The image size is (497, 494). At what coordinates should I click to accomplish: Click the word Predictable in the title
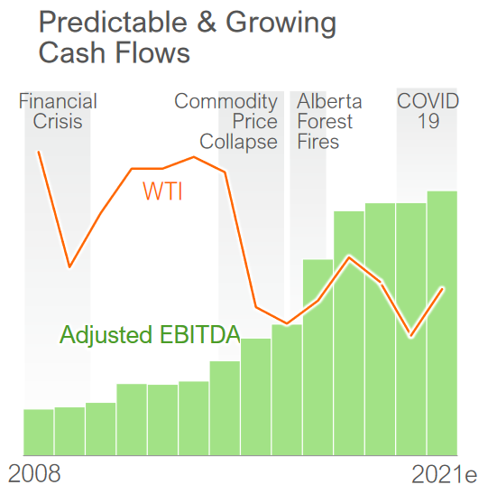pos(114,22)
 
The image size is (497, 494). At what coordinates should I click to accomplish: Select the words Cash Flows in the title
pos(115,52)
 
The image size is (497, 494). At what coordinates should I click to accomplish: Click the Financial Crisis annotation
pos(58,111)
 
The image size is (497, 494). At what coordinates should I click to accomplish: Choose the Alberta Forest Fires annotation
pos(330,122)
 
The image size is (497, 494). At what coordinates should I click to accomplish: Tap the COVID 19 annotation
pos(428,111)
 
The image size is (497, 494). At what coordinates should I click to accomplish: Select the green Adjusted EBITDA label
pos(150,335)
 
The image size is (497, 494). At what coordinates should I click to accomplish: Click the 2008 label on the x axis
pos(34,473)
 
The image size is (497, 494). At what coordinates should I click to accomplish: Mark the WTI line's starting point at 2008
pos(38,152)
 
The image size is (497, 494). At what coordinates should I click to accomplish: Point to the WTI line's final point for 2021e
pos(442,288)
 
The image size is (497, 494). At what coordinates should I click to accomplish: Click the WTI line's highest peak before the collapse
pos(194,157)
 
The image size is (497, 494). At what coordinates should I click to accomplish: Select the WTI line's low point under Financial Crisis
pos(69,266)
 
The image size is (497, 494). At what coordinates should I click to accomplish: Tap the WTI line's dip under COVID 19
pos(411,337)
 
